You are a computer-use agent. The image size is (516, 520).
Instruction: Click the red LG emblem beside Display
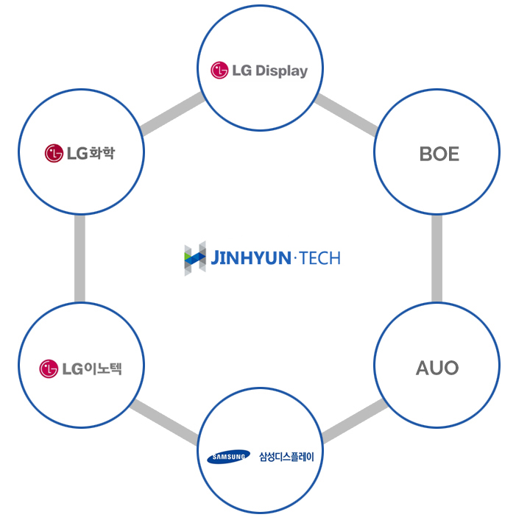pos(219,71)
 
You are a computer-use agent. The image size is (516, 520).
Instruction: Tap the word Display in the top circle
pos(280,71)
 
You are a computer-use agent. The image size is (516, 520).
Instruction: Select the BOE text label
pos(439,154)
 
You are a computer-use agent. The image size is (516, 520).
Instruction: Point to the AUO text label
pos(437,367)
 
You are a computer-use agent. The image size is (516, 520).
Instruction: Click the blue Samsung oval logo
pos(229,457)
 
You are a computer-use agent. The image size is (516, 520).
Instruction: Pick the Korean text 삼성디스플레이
pos(286,457)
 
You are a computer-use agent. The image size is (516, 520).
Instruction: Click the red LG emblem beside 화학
pos(54,154)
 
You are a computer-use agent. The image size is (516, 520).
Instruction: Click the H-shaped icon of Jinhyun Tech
pos(194,258)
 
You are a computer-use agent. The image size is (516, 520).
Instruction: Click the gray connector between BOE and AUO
pos(437,260)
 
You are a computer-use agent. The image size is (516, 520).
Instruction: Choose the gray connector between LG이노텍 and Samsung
pos(164,422)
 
